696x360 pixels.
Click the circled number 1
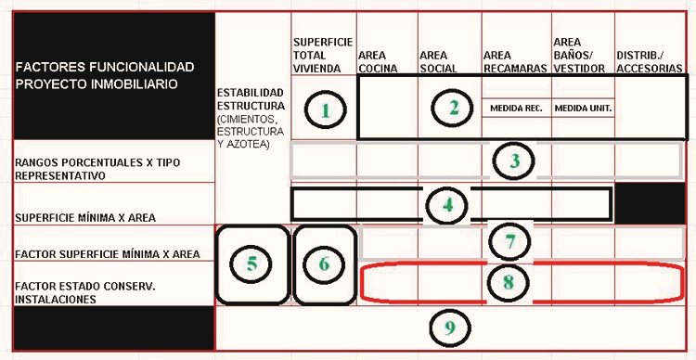tap(326, 109)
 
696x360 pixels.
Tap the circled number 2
tap(452, 108)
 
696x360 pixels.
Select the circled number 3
tap(514, 161)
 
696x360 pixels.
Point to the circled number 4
tap(447, 205)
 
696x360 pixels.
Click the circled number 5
tap(251, 264)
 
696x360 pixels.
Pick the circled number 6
tap(324, 264)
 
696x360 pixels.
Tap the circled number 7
tap(509, 241)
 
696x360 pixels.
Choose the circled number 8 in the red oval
tap(508, 282)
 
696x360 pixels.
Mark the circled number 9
tap(450, 328)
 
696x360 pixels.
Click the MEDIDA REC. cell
tap(516, 108)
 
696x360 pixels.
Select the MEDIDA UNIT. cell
tap(583, 108)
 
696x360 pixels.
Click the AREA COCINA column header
tap(378, 62)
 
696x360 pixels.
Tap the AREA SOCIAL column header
tap(439, 62)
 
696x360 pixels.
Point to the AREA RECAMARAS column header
tap(515, 62)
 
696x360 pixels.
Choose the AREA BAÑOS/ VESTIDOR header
tap(579, 55)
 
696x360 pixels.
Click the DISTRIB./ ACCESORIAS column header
tap(650, 62)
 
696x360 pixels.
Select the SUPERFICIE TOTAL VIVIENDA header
tap(323, 55)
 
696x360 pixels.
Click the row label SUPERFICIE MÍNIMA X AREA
tap(85, 218)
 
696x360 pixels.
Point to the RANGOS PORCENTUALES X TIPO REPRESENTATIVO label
tap(97, 169)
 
